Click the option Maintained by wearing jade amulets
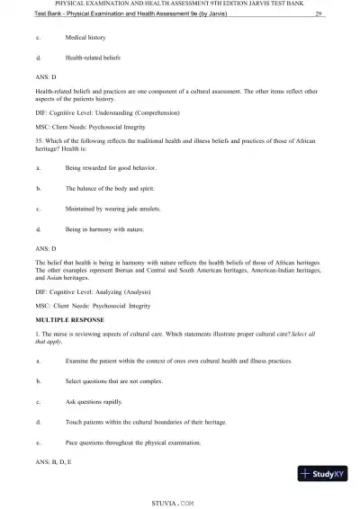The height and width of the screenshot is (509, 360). [x=113, y=209]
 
